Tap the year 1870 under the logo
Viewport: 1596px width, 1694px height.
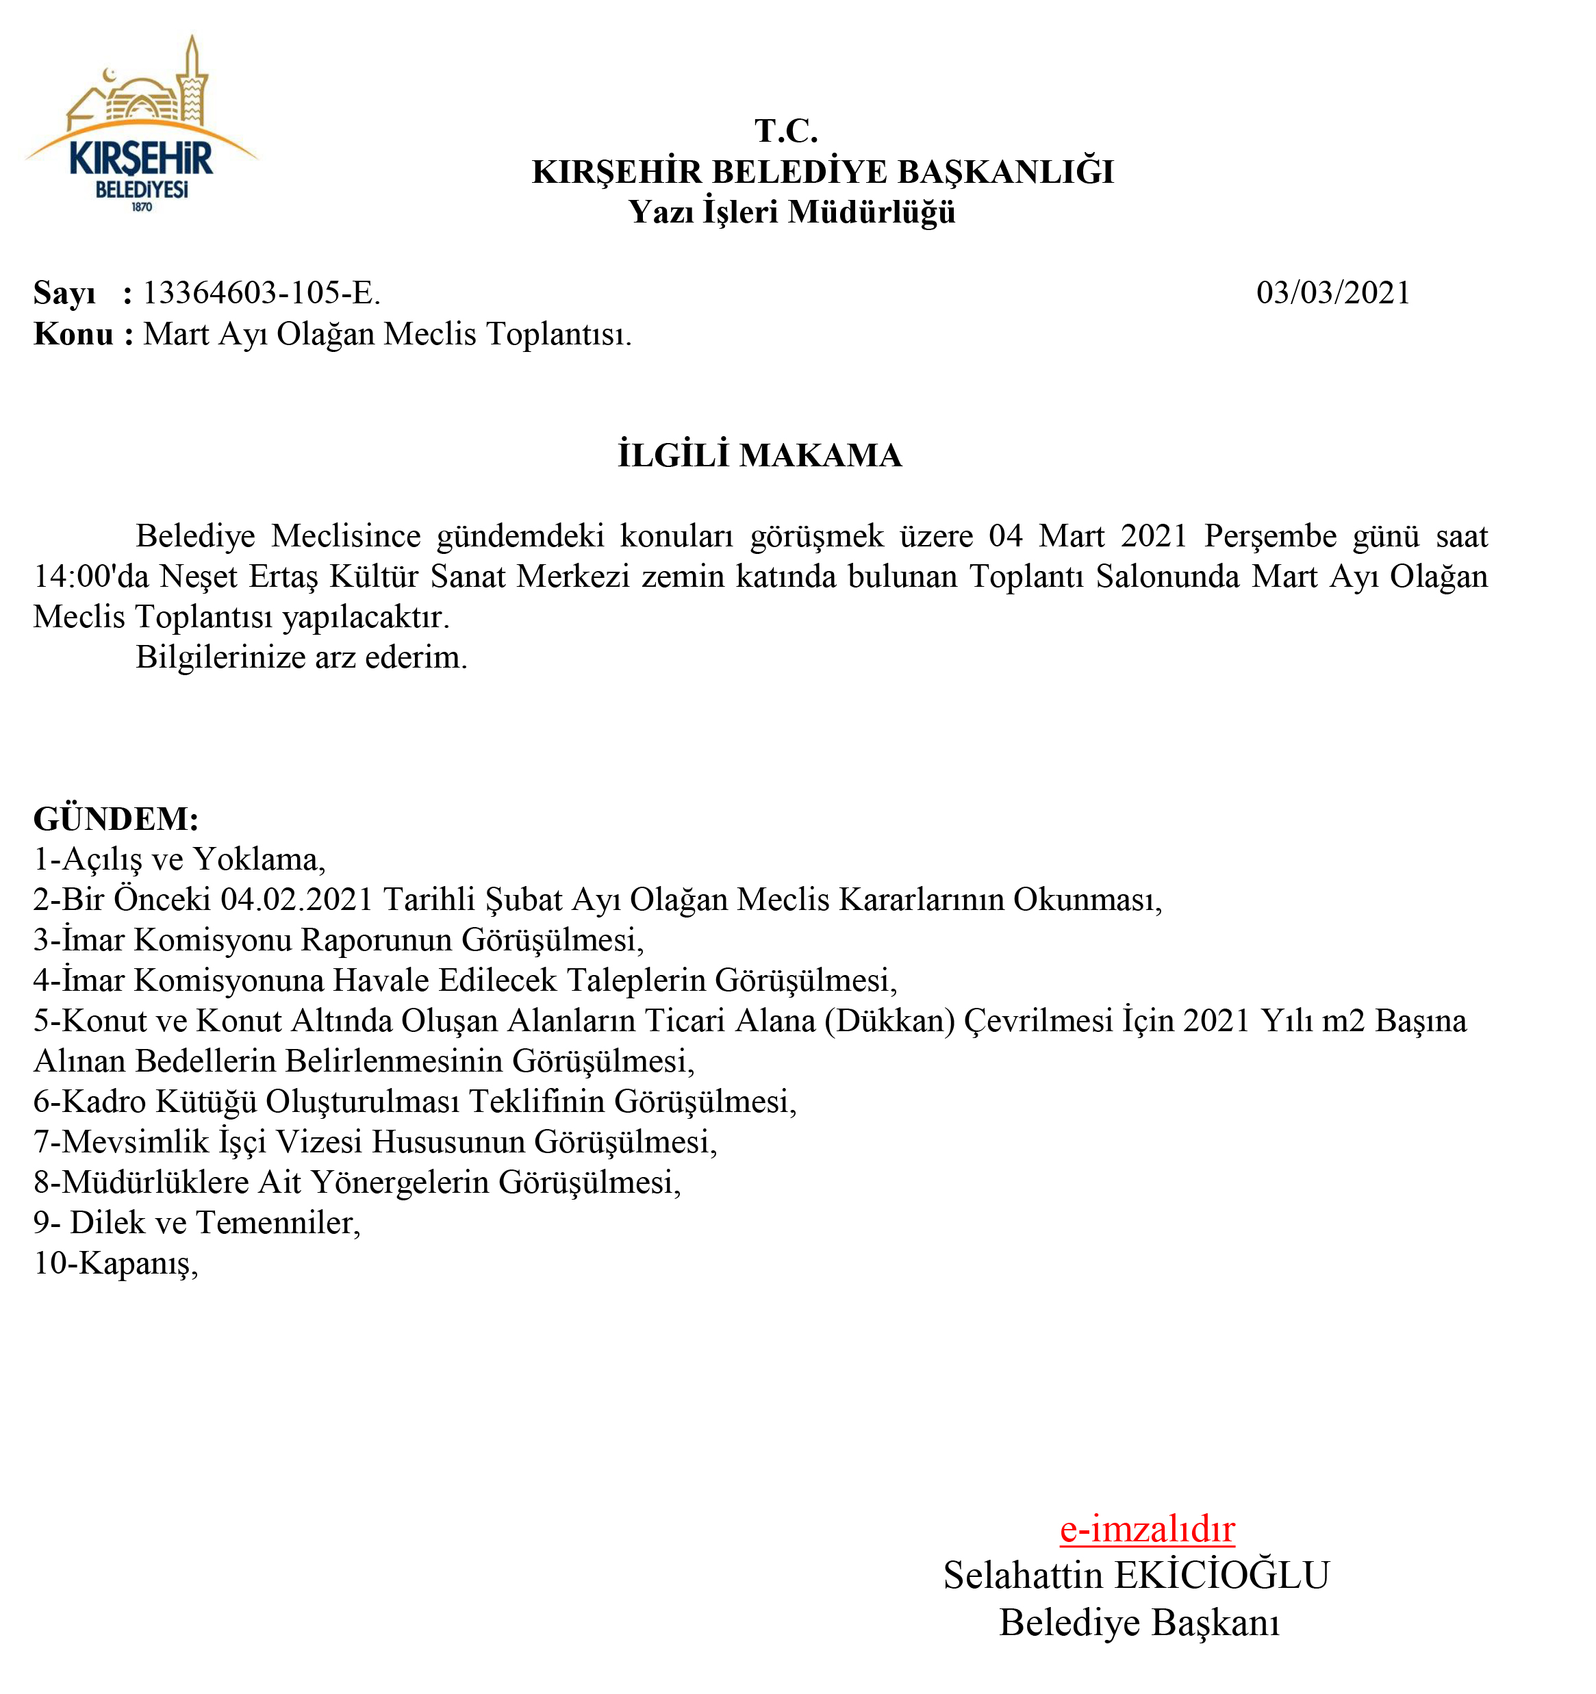(142, 207)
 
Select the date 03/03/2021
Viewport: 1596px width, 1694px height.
(1332, 293)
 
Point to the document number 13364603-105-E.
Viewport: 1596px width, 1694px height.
(261, 293)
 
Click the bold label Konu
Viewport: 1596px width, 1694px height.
(73, 334)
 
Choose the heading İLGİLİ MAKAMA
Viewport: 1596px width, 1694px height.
(759, 455)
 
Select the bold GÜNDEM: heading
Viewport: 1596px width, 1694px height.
(116, 819)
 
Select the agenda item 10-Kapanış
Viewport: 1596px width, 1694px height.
(116, 1263)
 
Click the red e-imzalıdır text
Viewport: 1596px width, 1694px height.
(1147, 1529)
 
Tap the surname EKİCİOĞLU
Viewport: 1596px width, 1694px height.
(1221, 1576)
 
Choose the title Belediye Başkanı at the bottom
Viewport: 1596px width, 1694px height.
(1139, 1622)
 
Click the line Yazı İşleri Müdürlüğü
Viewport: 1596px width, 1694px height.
(791, 212)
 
